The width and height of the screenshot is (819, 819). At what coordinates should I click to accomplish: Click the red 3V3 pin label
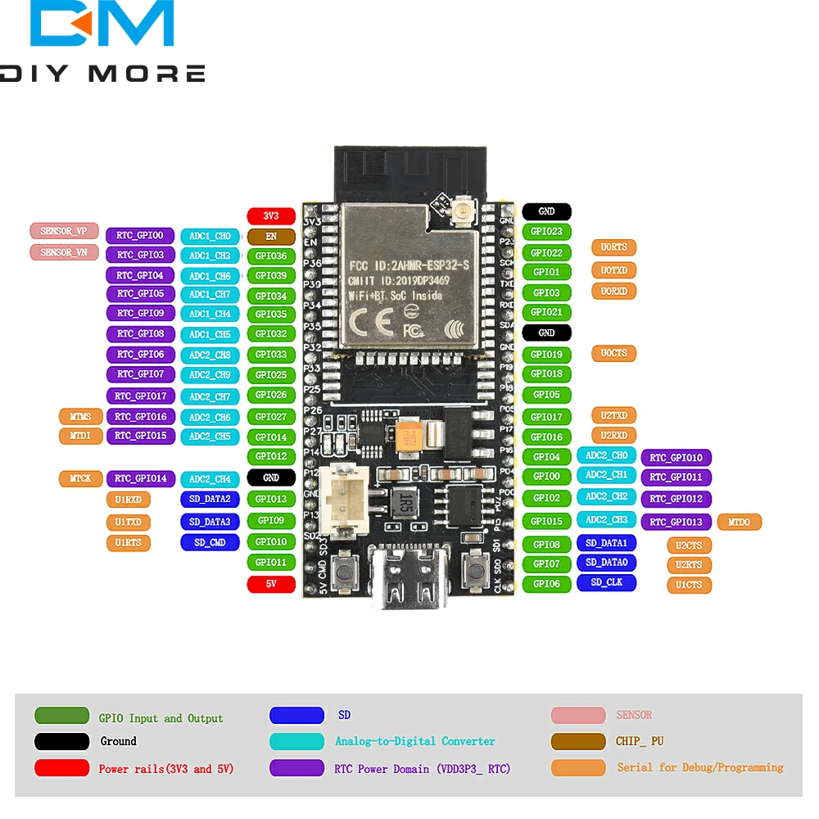click(271, 216)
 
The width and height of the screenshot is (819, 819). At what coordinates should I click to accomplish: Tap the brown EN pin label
click(271, 237)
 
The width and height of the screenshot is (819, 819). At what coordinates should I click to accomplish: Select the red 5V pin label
click(271, 584)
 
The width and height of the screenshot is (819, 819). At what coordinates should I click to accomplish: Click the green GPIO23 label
click(546, 232)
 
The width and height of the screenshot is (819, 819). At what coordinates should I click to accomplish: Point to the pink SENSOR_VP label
click(64, 232)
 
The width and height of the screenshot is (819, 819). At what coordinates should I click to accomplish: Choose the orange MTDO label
click(739, 522)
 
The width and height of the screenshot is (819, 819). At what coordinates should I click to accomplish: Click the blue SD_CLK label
click(606, 582)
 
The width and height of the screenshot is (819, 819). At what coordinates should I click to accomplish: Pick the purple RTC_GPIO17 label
click(140, 396)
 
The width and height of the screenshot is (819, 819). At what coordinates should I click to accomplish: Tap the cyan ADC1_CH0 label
click(210, 237)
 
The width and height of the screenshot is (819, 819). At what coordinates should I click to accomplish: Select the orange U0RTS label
click(613, 247)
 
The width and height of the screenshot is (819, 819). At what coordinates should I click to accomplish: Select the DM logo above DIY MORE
click(102, 25)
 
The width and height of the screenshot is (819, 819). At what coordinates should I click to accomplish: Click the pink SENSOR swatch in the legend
click(578, 715)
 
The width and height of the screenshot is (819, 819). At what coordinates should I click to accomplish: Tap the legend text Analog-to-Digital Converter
click(415, 741)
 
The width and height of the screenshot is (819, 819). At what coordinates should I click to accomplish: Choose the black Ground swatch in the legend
click(61, 741)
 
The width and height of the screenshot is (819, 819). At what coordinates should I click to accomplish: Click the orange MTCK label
click(80, 478)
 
